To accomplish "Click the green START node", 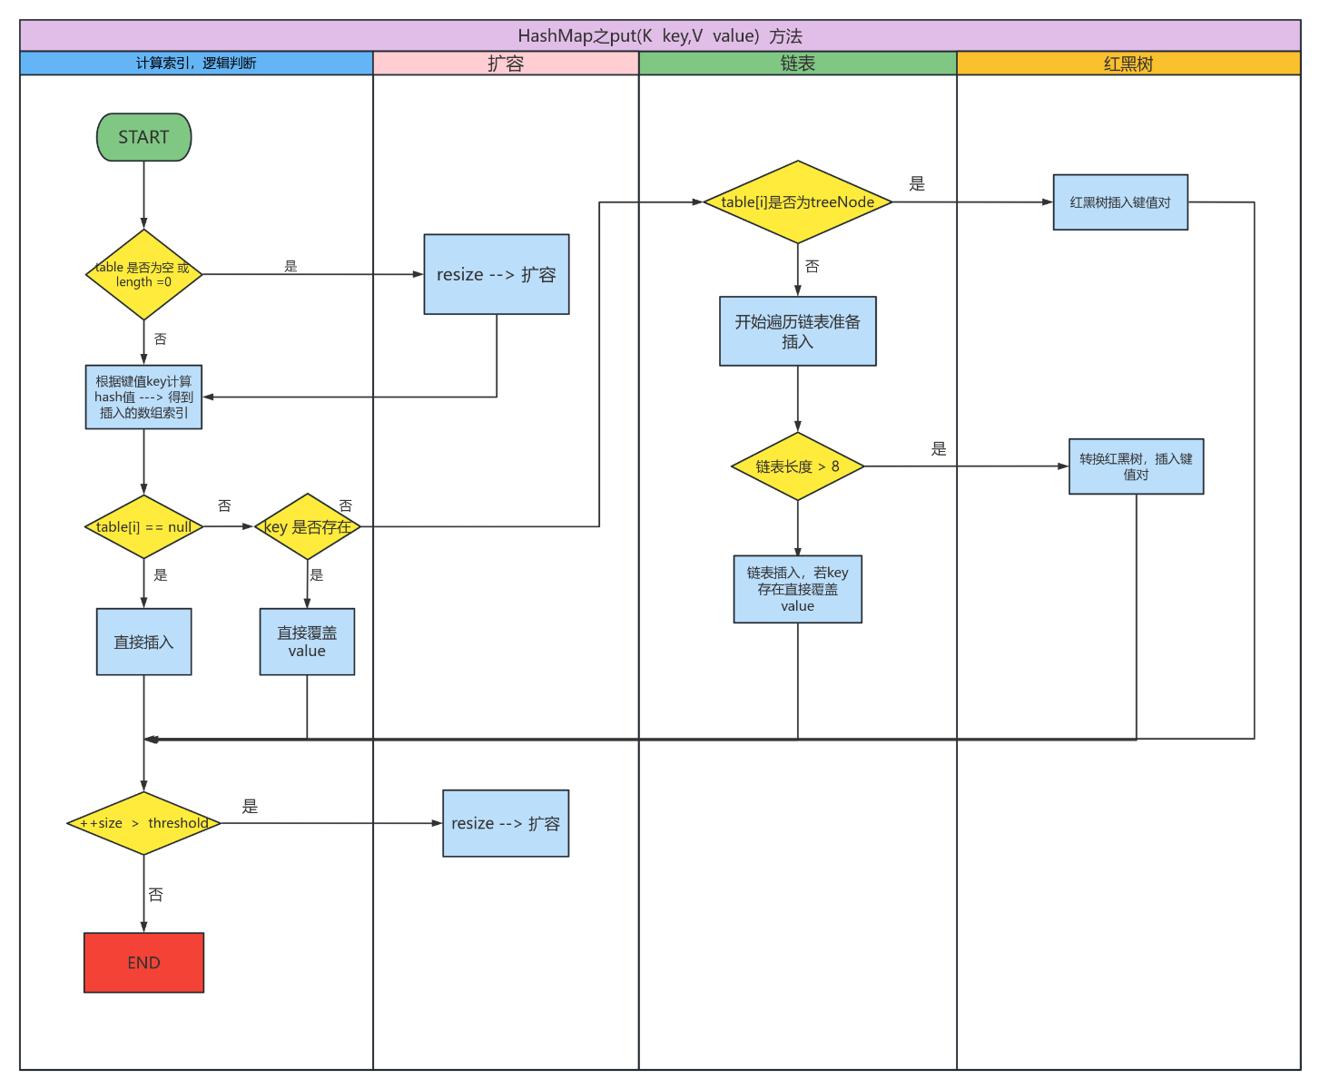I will [x=143, y=137].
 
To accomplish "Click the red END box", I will [x=143, y=963].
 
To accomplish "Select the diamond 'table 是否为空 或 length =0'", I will [x=143, y=274].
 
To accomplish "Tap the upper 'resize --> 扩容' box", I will [x=497, y=274].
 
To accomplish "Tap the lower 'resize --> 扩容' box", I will [x=506, y=823].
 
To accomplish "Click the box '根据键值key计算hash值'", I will [x=143, y=397].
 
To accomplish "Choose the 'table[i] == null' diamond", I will [x=143, y=526].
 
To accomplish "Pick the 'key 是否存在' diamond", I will [x=307, y=526].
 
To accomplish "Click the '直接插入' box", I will [x=143, y=642].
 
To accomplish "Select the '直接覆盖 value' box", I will [x=307, y=642].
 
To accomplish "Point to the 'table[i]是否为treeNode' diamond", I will [x=797, y=202].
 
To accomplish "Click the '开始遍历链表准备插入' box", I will [x=797, y=331].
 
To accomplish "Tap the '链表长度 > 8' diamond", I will [x=797, y=466].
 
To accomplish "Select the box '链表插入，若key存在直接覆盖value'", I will [x=797, y=589].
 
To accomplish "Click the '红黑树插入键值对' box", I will [x=1120, y=202].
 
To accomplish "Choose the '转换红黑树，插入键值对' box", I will [x=1136, y=466].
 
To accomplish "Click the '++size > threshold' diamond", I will [x=143, y=823].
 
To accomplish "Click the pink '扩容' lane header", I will [x=506, y=64].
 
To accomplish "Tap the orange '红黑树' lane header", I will [x=1128, y=64].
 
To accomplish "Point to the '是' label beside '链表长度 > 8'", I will [x=939, y=448].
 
